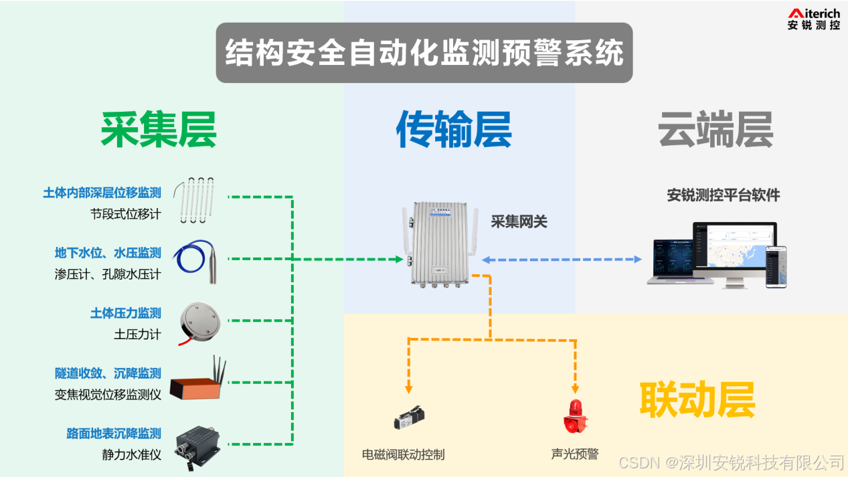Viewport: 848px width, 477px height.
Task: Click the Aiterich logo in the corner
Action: point(813,19)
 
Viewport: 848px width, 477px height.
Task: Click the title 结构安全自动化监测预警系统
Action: point(424,54)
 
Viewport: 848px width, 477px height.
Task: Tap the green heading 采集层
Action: point(159,129)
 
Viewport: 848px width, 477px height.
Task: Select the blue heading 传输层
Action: point(454,129)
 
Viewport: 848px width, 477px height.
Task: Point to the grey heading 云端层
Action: point(715,129)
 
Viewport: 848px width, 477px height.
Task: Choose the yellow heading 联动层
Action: point(697,399)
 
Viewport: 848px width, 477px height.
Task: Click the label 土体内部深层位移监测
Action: point(102,193)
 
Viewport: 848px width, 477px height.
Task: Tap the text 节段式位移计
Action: point(125,214)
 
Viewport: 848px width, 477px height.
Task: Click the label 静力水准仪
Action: point(131,455)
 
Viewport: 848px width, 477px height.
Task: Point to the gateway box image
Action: point(438,244)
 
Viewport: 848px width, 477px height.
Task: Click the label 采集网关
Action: point(519,222)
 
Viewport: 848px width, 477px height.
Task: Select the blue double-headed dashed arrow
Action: point(562,260)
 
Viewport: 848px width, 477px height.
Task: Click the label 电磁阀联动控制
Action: point(403,455)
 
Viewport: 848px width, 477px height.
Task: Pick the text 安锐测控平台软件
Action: point(724,195)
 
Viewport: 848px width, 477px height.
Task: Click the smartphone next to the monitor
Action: point(776,267)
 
